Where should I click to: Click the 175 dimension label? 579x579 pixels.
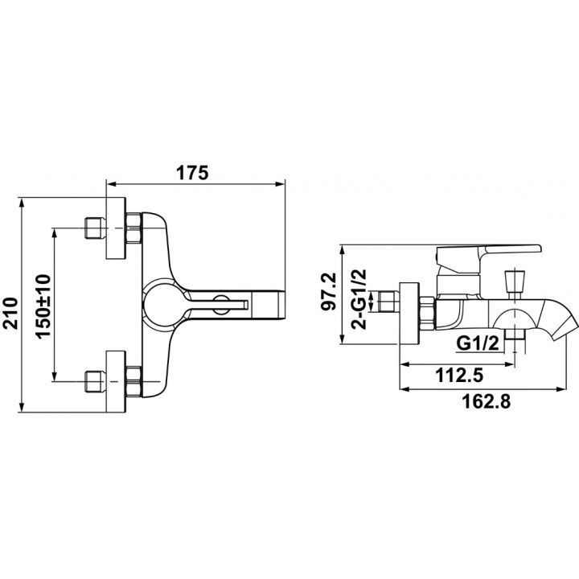pyautogui.click(x=192, y=172)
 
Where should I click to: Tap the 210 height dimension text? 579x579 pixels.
pyautogui.click(x=10, y=313)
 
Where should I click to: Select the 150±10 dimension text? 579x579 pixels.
pyautogui.click(x=43, y=306)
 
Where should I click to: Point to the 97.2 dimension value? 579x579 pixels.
pyautogui.click(x=329, y=292)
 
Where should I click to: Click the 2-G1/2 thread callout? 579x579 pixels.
pyautogui.click(x=359, y=299)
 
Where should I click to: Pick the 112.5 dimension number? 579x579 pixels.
pyautogui.click(x=459, y=376)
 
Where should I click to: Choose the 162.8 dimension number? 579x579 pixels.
pyautogui.click(x=487, y=401)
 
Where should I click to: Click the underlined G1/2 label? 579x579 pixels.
pyautogui.click(x=478, y=343)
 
